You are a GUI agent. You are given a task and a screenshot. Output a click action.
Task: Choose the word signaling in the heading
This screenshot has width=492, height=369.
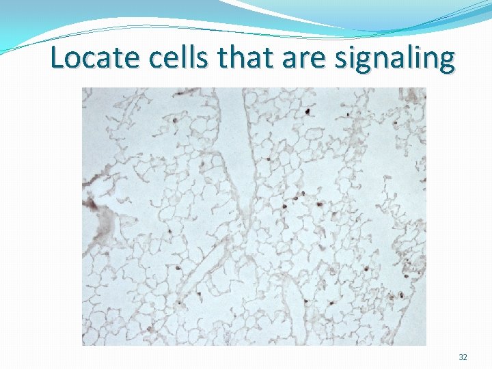(x=394, y=59)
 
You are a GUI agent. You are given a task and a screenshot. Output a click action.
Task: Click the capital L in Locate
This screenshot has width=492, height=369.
(x=57, y=58)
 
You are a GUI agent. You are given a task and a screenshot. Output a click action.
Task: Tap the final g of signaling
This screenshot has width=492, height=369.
(x=446, y=62)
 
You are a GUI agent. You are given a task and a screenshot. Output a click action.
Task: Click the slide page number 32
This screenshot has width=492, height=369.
(x=463, y=357)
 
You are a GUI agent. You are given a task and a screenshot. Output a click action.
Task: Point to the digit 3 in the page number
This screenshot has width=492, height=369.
(x=461, y=357)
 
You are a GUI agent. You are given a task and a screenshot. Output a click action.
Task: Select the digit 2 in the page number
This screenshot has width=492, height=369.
(x=465, y=357)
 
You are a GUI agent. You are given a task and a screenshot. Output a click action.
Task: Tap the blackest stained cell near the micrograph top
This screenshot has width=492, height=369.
(x=308, y=110)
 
